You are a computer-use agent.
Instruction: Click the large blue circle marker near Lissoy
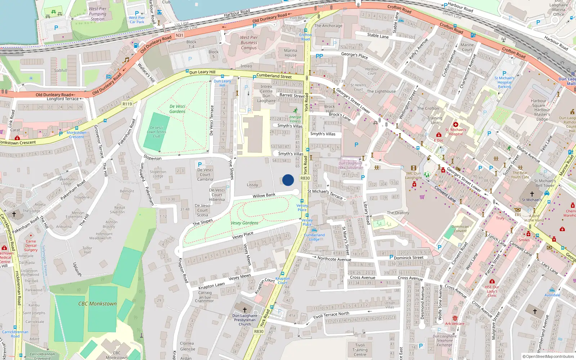click(288, 180)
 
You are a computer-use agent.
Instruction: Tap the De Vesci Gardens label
click(177, 109)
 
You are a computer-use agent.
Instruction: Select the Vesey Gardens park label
click(244, 223)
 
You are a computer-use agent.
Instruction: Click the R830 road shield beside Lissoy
click(305, 178)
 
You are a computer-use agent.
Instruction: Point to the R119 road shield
click(127, 104)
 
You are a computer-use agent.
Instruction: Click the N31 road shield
click(179, 35)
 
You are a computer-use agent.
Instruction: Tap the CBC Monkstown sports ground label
click(98, 304)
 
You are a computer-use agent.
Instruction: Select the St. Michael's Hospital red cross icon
click(455, 125)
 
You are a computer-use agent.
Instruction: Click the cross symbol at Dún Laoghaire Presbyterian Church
click(245, 310)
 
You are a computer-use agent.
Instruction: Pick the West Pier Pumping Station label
click(98, 14)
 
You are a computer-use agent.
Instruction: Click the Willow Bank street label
click(264, 195)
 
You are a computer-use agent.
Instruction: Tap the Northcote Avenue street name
click(334, 259)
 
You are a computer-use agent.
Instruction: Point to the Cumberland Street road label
click(274, 76)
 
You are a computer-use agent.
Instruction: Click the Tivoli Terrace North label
click(331, 315)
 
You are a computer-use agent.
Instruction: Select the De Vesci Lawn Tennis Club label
click(157, 132)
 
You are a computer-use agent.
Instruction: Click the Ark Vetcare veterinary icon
click(455, 318)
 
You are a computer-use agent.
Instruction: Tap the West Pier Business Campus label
click(249, 42)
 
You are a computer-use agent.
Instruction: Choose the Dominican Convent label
click(460, 229)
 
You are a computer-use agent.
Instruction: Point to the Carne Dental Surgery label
click(31, 246)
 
